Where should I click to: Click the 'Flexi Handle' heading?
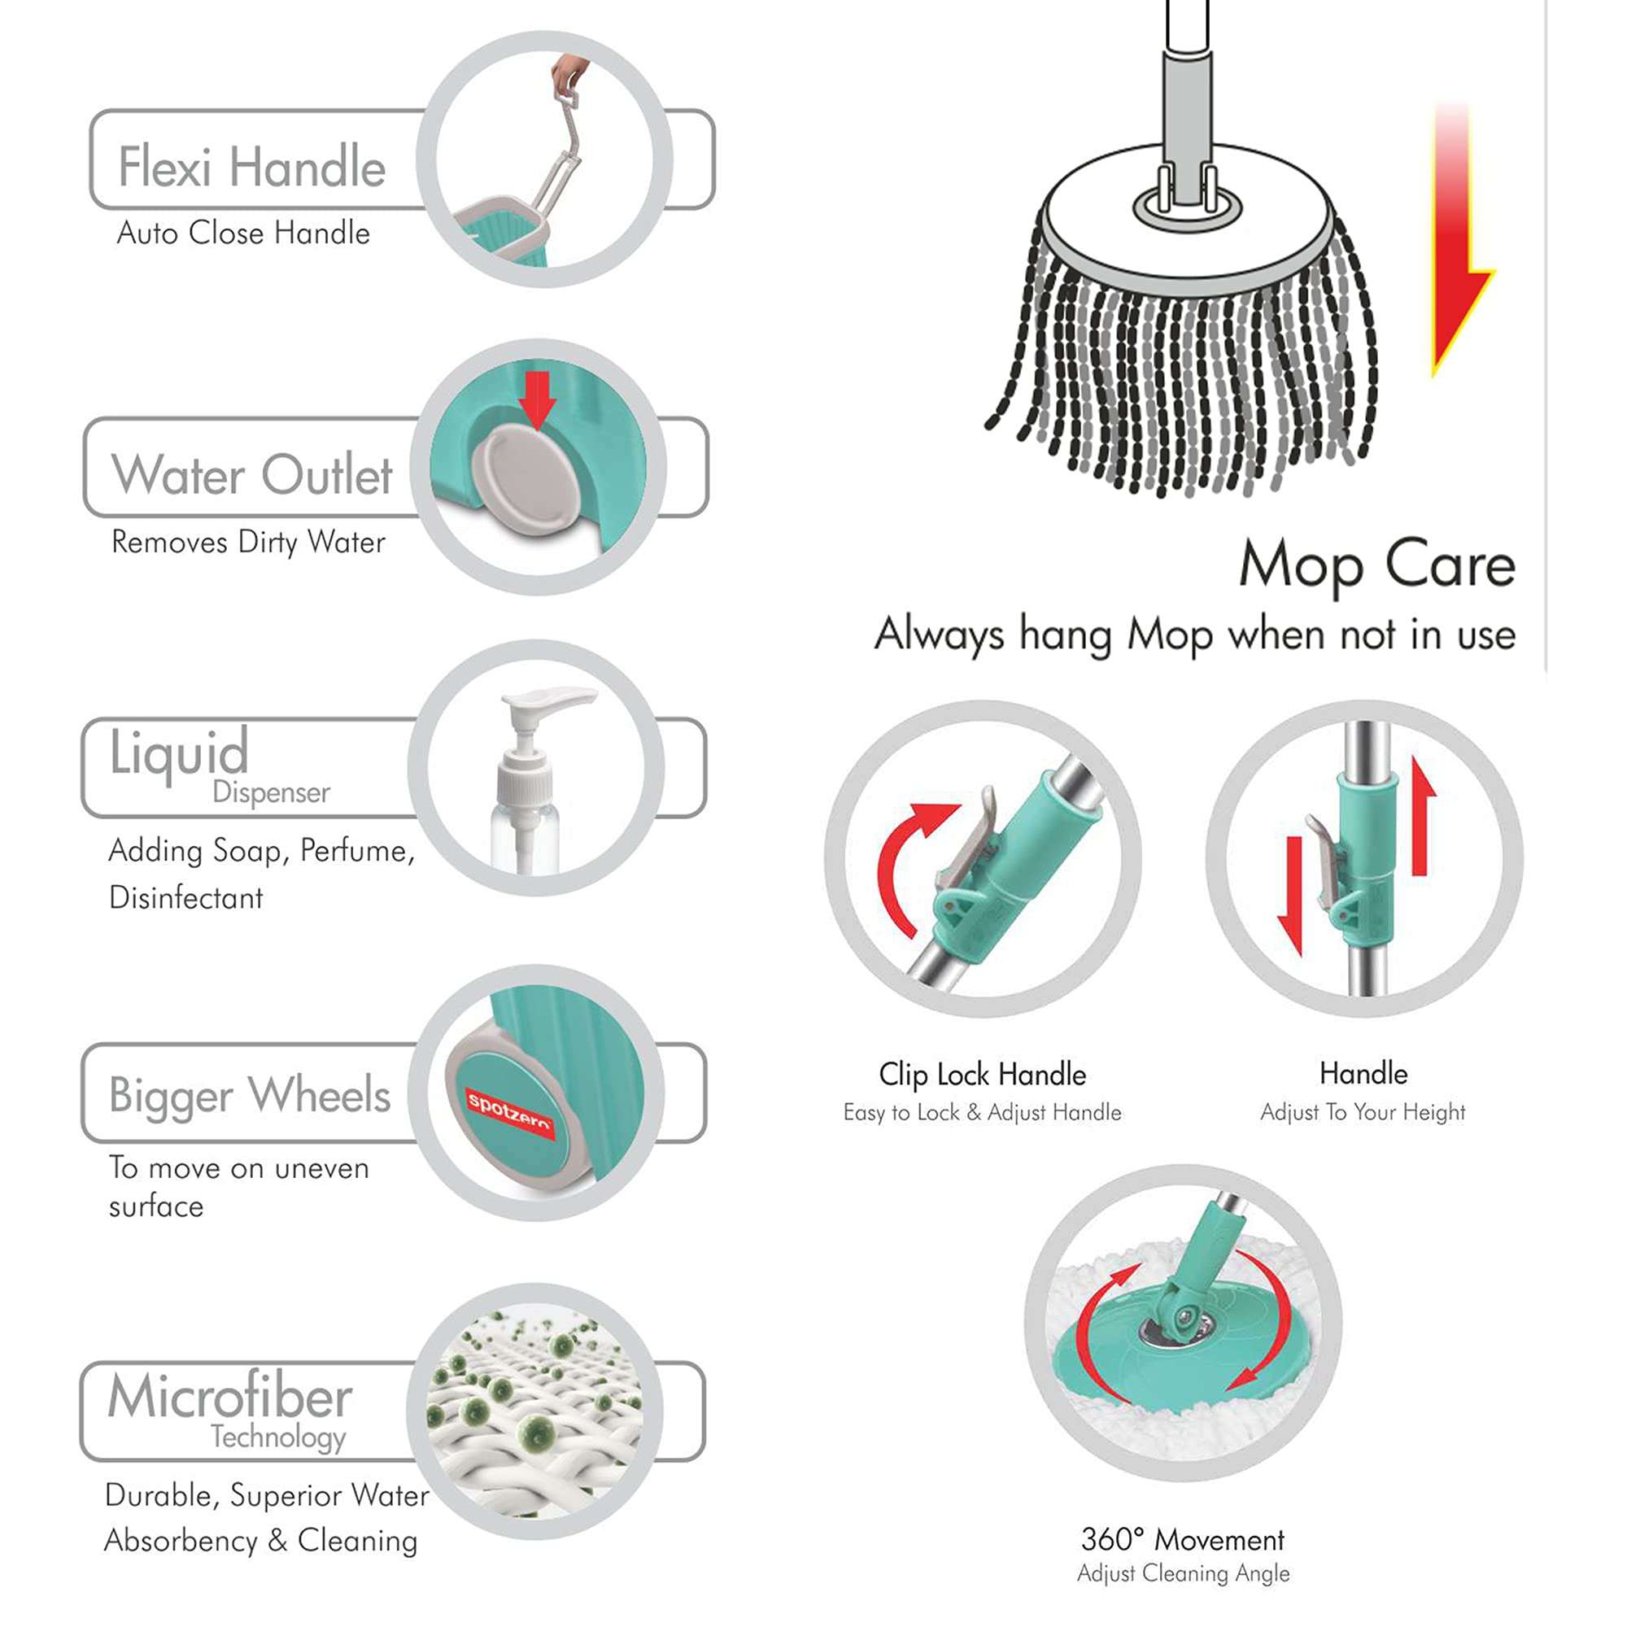pyautogui.click(x=251, y=166)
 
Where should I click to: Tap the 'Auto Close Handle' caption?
pyautogui.click(x=242, y=233)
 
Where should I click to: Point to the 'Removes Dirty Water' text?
pyautogui.click(x=248, y=542)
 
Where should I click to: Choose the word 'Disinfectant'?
pyautogui.click(x=186, y=898)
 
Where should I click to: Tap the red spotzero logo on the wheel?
pyautogui.click(x=508, y=1111)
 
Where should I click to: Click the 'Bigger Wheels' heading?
pyautogui.click(x=249, y=1095)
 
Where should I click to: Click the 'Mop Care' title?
pyautogui.click(x=1377, y=565)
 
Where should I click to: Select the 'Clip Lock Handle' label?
pyautogui.click(x=982, y=1075)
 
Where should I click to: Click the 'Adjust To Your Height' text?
pyautogui.click(x=1363, y=1111)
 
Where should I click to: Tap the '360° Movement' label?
pyautogui.click(x=1182, y=1539)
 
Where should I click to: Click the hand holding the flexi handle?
pyautogui.click(x=569, y=74)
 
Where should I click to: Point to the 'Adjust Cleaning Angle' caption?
pyautogui.click(x=1182, y=1573)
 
